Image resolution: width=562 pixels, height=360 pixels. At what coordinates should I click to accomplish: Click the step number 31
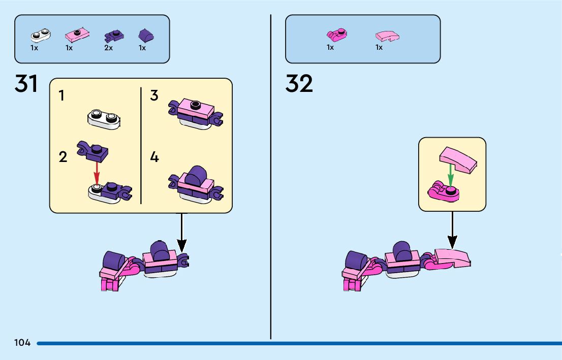(x=26, y=84)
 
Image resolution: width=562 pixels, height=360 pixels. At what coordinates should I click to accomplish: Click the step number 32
(x=299, y=84)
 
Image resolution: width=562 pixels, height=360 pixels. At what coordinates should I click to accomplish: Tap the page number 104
(x=22, y=343)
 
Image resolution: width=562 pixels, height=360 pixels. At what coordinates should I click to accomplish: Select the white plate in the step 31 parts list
(x=40, y=35)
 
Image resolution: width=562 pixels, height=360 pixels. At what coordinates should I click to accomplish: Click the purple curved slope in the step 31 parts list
(x=146, y=36)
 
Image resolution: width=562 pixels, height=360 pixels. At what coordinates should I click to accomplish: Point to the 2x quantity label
(x=108, y=48)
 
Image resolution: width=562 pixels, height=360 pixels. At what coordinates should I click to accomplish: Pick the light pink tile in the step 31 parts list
(x=78, y=35)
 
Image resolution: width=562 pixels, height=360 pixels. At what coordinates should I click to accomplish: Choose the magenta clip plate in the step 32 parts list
(x=336, y=35)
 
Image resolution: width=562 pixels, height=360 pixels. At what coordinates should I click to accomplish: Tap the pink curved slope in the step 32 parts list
(x=387, y=36)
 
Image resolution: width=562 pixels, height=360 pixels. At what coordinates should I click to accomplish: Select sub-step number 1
(x=61, y=95)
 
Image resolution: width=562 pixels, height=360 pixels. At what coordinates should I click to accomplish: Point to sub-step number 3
(x=154, y=95)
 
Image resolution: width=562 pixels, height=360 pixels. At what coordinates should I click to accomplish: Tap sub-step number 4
(x=154, y=157)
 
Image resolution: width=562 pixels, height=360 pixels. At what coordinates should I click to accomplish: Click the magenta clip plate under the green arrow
(x=443, y=192)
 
